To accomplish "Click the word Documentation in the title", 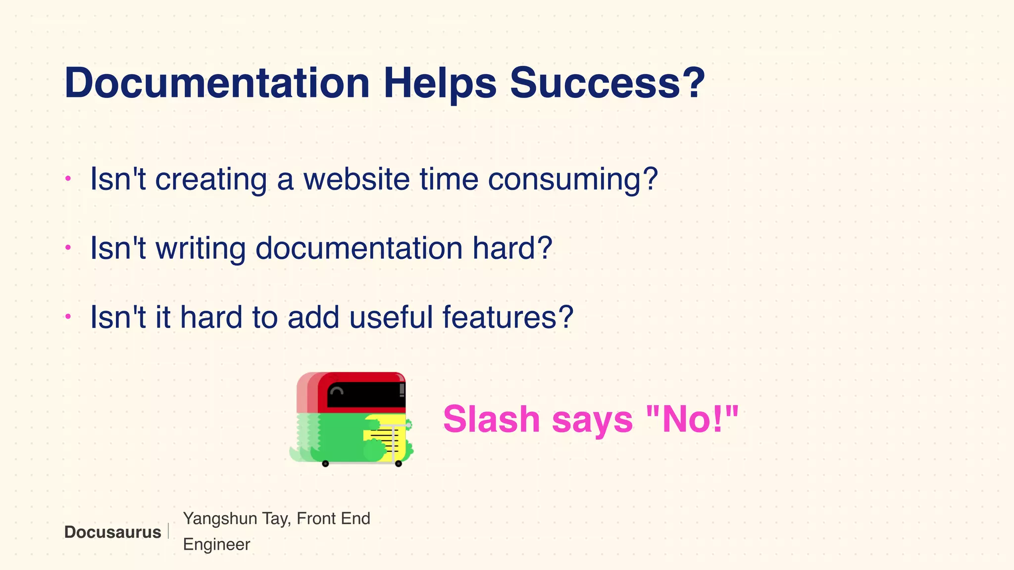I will coord(217,83).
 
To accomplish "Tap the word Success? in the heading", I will coord(607,83).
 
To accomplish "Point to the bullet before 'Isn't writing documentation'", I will coord(68,247).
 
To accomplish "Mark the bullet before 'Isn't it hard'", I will coord(68,316).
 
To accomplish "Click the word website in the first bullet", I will coord(356,179).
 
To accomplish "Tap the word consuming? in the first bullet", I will coord(573,180).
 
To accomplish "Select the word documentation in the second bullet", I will coord(359,248).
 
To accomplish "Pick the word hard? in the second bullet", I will coord(512,248).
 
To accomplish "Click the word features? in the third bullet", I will coord(507,317).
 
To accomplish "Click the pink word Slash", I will coord(491,419).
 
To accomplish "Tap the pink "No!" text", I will coord(693,419).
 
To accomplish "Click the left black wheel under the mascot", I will coord(325,464).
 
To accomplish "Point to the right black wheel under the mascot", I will coord(398,464).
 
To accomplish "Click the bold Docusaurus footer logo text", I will coord(112,532).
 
